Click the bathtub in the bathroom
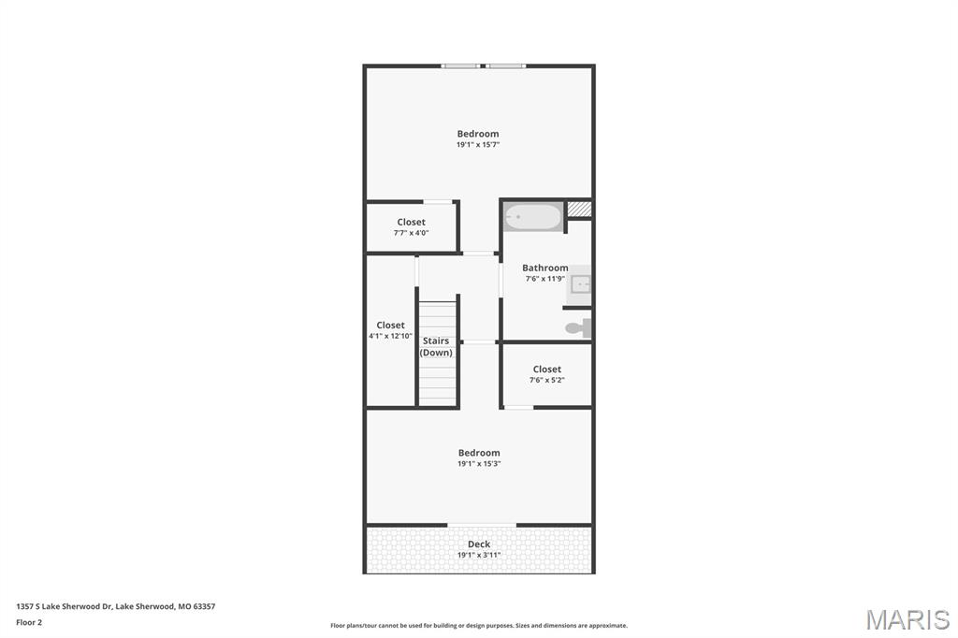(x=533, y=218)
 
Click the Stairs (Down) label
(x=436, y=347)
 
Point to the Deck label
(x=479, y=544)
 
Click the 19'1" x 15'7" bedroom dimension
(x=478, y=145)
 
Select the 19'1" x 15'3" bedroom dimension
(x=479, y=464)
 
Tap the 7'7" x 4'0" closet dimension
(x=411, y=233)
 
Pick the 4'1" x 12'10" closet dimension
(x=390, y=336)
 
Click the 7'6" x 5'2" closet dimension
(x=547, y=380)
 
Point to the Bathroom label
(x=545, y=268)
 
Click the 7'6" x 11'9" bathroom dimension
(x=544, y=279)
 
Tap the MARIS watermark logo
(x=907, y=619)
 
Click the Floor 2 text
(x=29, y=622)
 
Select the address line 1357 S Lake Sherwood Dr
(x=115, y=606)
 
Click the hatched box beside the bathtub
(x=580, y=210)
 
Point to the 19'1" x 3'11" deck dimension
(x=479, y=555)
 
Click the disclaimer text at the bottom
(x=479, y=626)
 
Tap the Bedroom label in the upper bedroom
(x=478, y=134)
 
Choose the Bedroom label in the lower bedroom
(x=479, y=453)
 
